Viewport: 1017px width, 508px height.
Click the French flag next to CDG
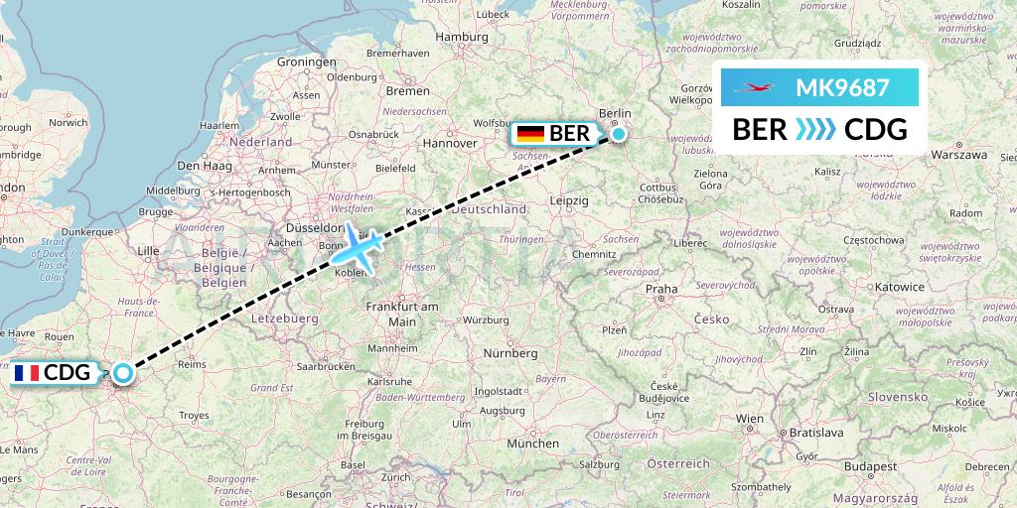coord(27,373)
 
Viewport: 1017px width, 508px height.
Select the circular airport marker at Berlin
coord(619,134)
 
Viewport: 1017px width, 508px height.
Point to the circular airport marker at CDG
coord(122,373)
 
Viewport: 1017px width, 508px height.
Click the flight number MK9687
coord(842,87)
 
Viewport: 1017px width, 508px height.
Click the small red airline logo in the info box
coord(754,88)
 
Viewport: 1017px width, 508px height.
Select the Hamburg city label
coord(463,37)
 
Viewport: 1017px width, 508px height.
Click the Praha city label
coord(661,289)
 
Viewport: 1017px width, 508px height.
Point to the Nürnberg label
coord(510,353)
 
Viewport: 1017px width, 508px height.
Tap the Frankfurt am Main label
coord(402,314)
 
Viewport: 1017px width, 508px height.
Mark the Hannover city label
coord(450,143)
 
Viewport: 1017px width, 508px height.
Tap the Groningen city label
coord(307,62)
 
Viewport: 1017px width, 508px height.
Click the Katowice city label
coord(900,287)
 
